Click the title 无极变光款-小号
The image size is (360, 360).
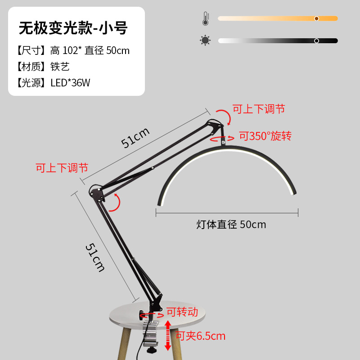(73, 28)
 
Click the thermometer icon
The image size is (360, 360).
(205, 19)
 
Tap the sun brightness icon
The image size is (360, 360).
(205, 40)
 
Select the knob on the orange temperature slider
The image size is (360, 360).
(317, 18)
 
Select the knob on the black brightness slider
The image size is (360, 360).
(316, 40)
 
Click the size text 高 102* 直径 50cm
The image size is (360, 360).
(90, 50)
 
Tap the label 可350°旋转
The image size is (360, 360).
(265, 136)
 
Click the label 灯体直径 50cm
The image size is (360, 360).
(231, 224)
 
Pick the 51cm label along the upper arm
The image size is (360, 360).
(135, 137)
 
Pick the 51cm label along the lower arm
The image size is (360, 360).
(95, 257)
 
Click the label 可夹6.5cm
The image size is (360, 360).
(200, 336)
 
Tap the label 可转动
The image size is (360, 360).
(182, 312)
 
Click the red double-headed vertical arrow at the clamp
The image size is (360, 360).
(168, 335)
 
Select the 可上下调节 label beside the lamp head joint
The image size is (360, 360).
(258, 109)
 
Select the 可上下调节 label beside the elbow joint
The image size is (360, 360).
(62, 168)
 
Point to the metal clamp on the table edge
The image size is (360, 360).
(151, 331)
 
